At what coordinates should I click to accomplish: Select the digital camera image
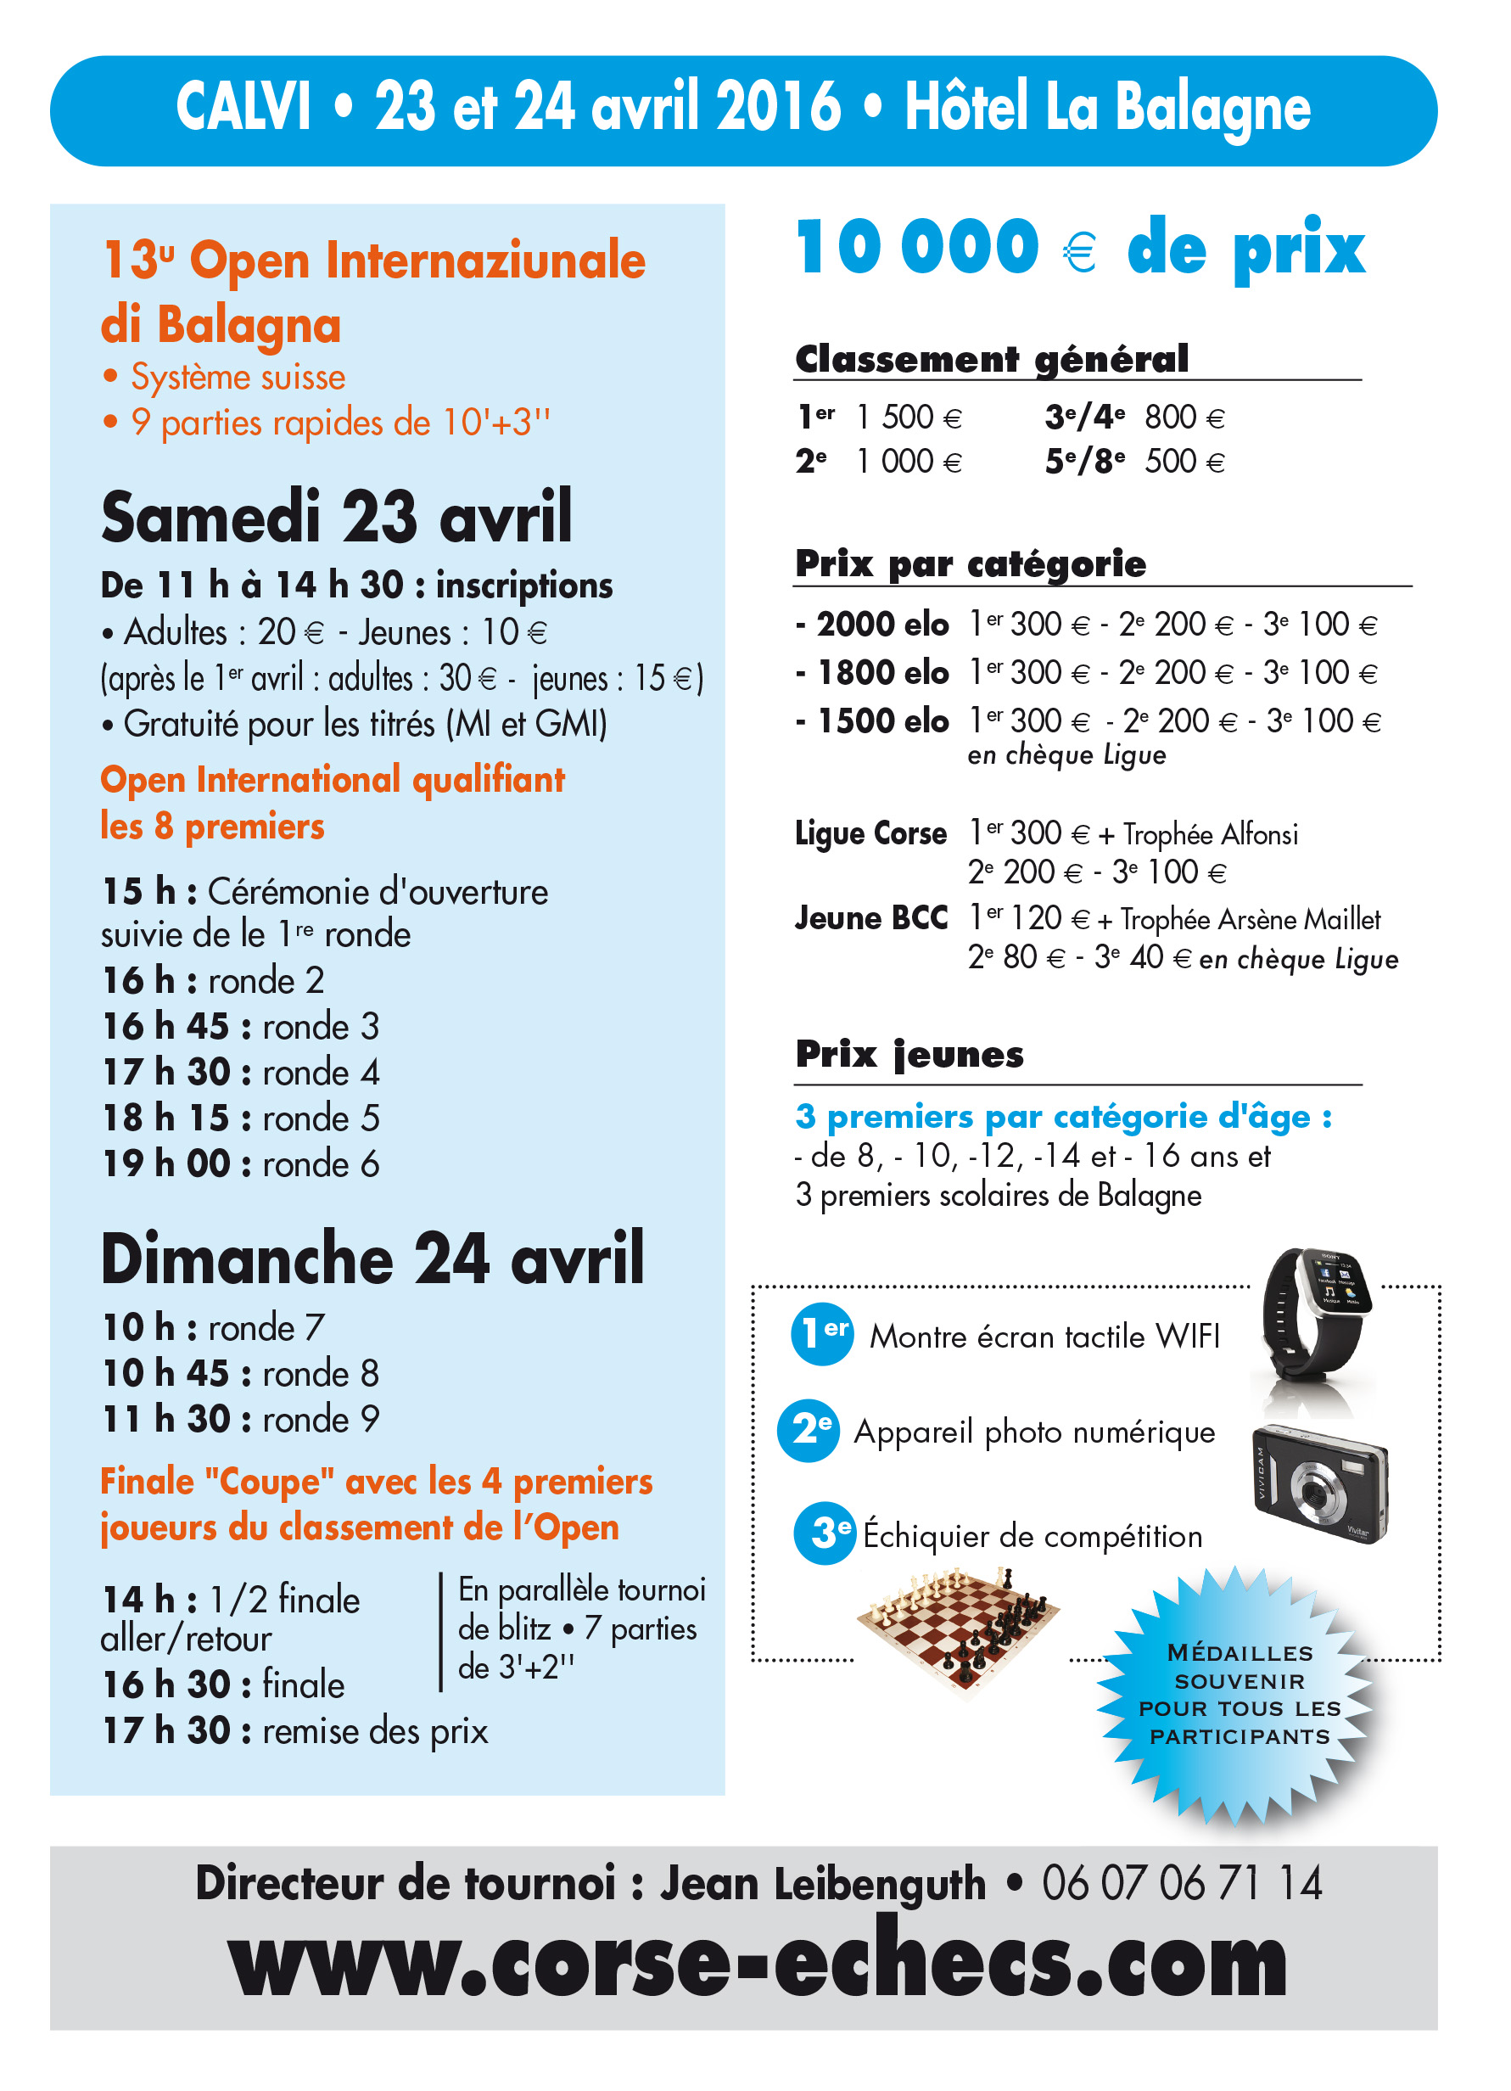tap(1320, 1484)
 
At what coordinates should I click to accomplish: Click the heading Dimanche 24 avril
tap(372, 1259)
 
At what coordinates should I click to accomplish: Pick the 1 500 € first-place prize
tap(908, 418)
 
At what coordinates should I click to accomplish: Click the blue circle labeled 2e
tap(809, 1431)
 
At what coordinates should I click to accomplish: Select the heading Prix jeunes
tap(909, 1054)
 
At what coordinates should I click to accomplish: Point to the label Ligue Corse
tap(870, 833)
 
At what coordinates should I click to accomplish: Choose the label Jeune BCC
tap(871, 918)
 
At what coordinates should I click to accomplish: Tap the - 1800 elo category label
tap(872, 673)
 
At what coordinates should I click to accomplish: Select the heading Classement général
tap(992, 359)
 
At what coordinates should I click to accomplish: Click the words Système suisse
tap(238, 377)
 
